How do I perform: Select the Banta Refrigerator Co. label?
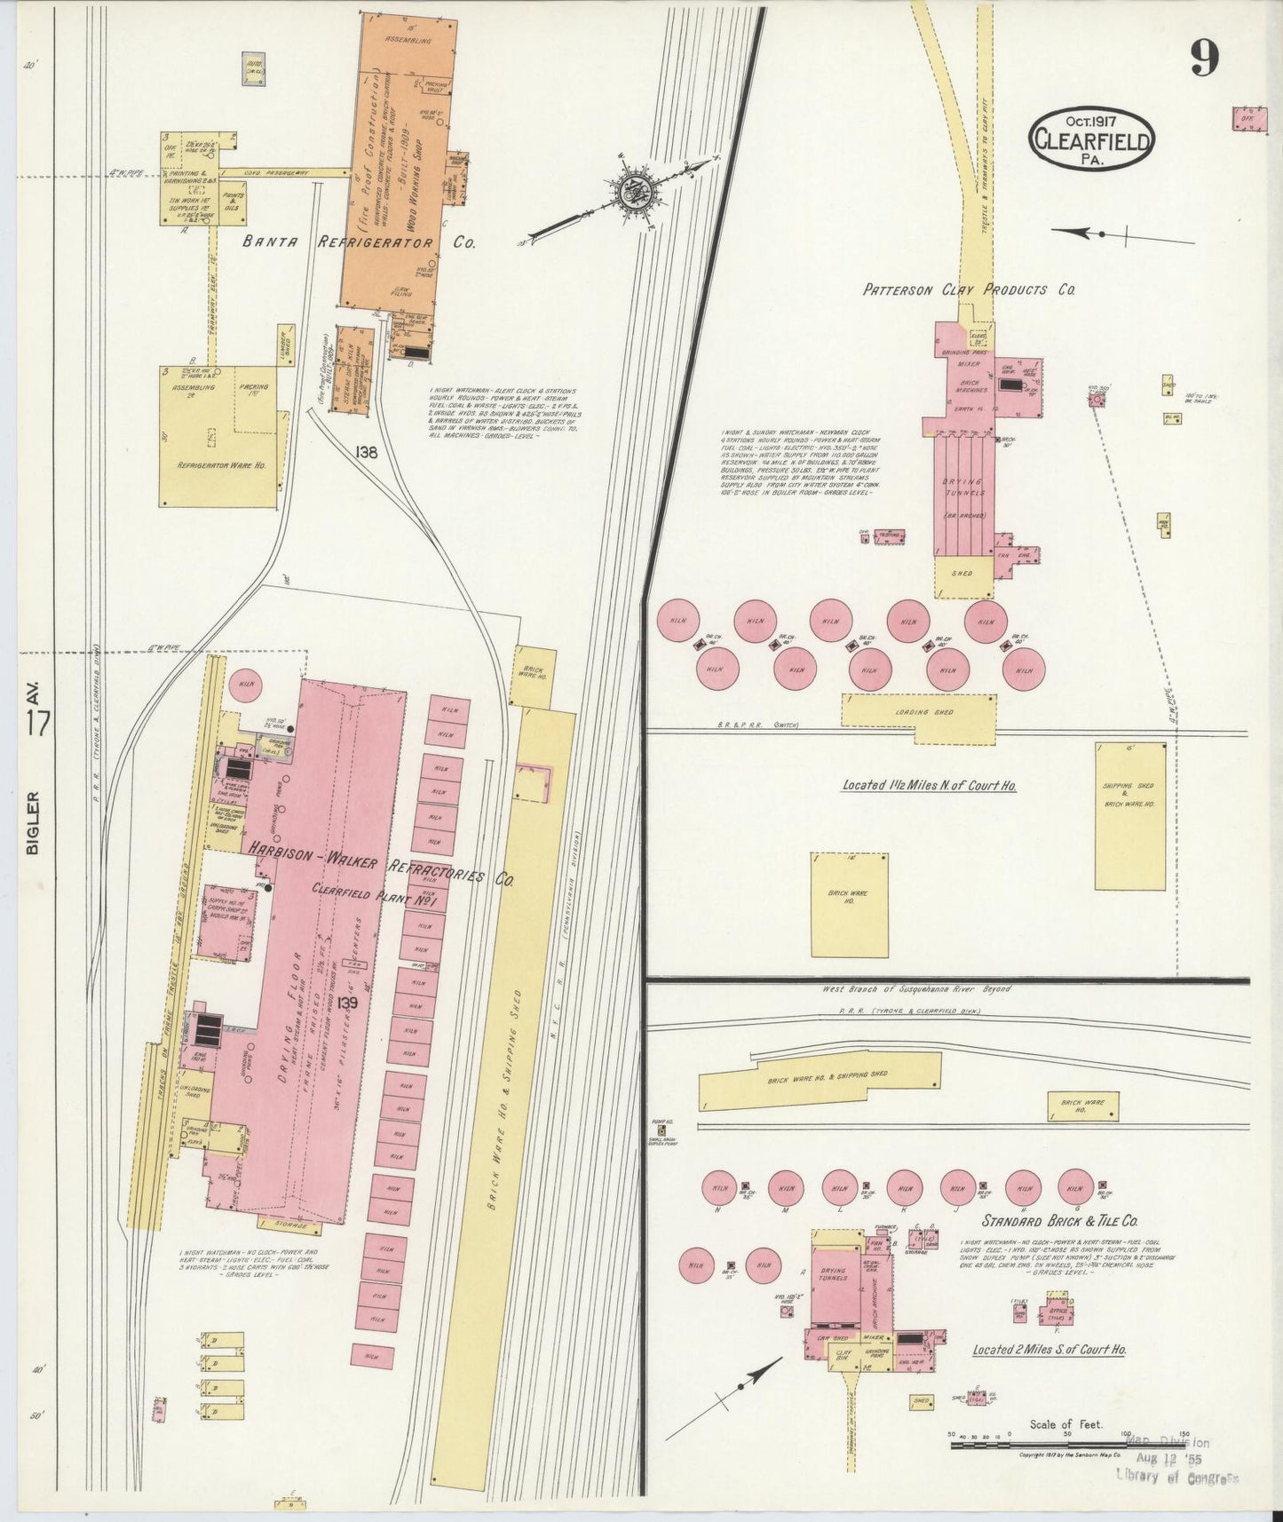coord(359,242)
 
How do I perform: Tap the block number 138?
coord(366,452)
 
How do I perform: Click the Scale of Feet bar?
coord(1065,1447)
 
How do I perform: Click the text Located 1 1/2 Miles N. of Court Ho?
coord(929,786)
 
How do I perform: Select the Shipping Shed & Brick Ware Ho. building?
coord(1129,815)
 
